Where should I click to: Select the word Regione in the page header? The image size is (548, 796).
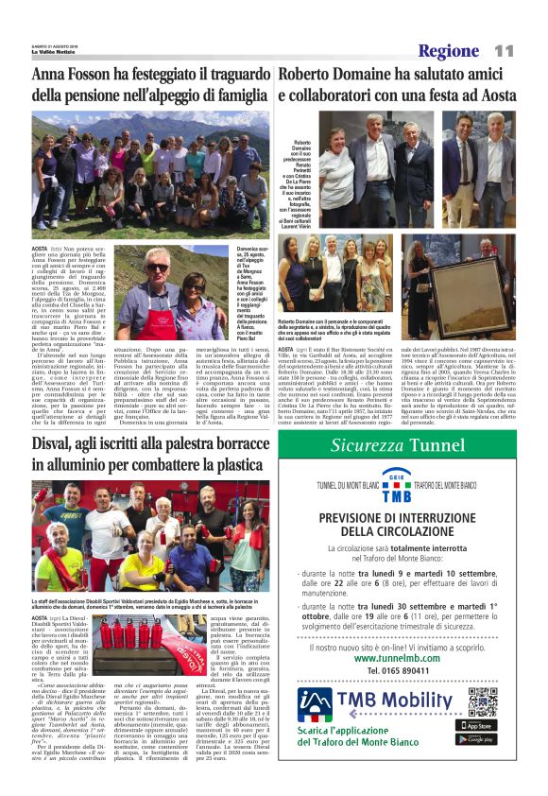pyautogui.click(x=450, y=51)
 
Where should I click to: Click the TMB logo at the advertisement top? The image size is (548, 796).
pyautogui.click(x=397, y=485)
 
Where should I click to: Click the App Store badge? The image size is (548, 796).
pyautogui.click(x=482, y=725)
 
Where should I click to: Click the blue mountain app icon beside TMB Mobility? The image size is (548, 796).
pyautogui.click(x=317, y=703)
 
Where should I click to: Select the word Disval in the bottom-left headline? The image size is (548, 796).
pyautogui.click(x=56, y=444)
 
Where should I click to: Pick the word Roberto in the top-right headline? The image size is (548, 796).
pyautogui.click(x=310, y=74)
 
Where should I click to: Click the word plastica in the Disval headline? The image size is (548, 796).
pyautogui.click(x=231, y=464)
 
